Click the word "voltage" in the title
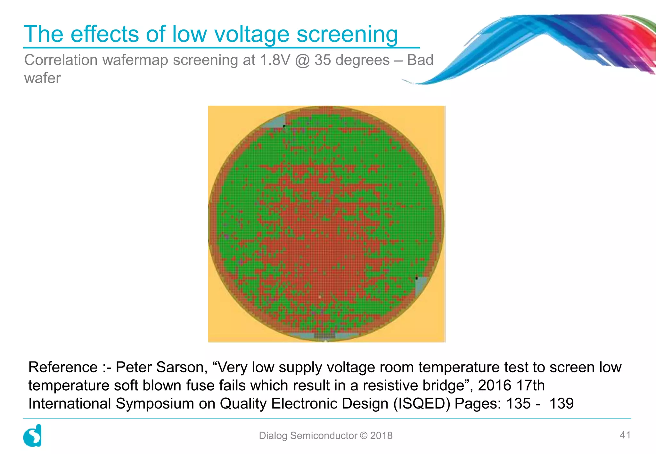tap(251, 34)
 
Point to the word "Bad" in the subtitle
tap(420, 60)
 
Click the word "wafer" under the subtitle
tap(42, 78)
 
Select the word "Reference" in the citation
tap(63, 367)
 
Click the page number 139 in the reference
tap(561, 404)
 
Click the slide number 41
tap(625, 435)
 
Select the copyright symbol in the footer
tap(364, 435)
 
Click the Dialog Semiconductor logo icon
tap(32, 435)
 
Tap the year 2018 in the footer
tap(381, 435)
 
